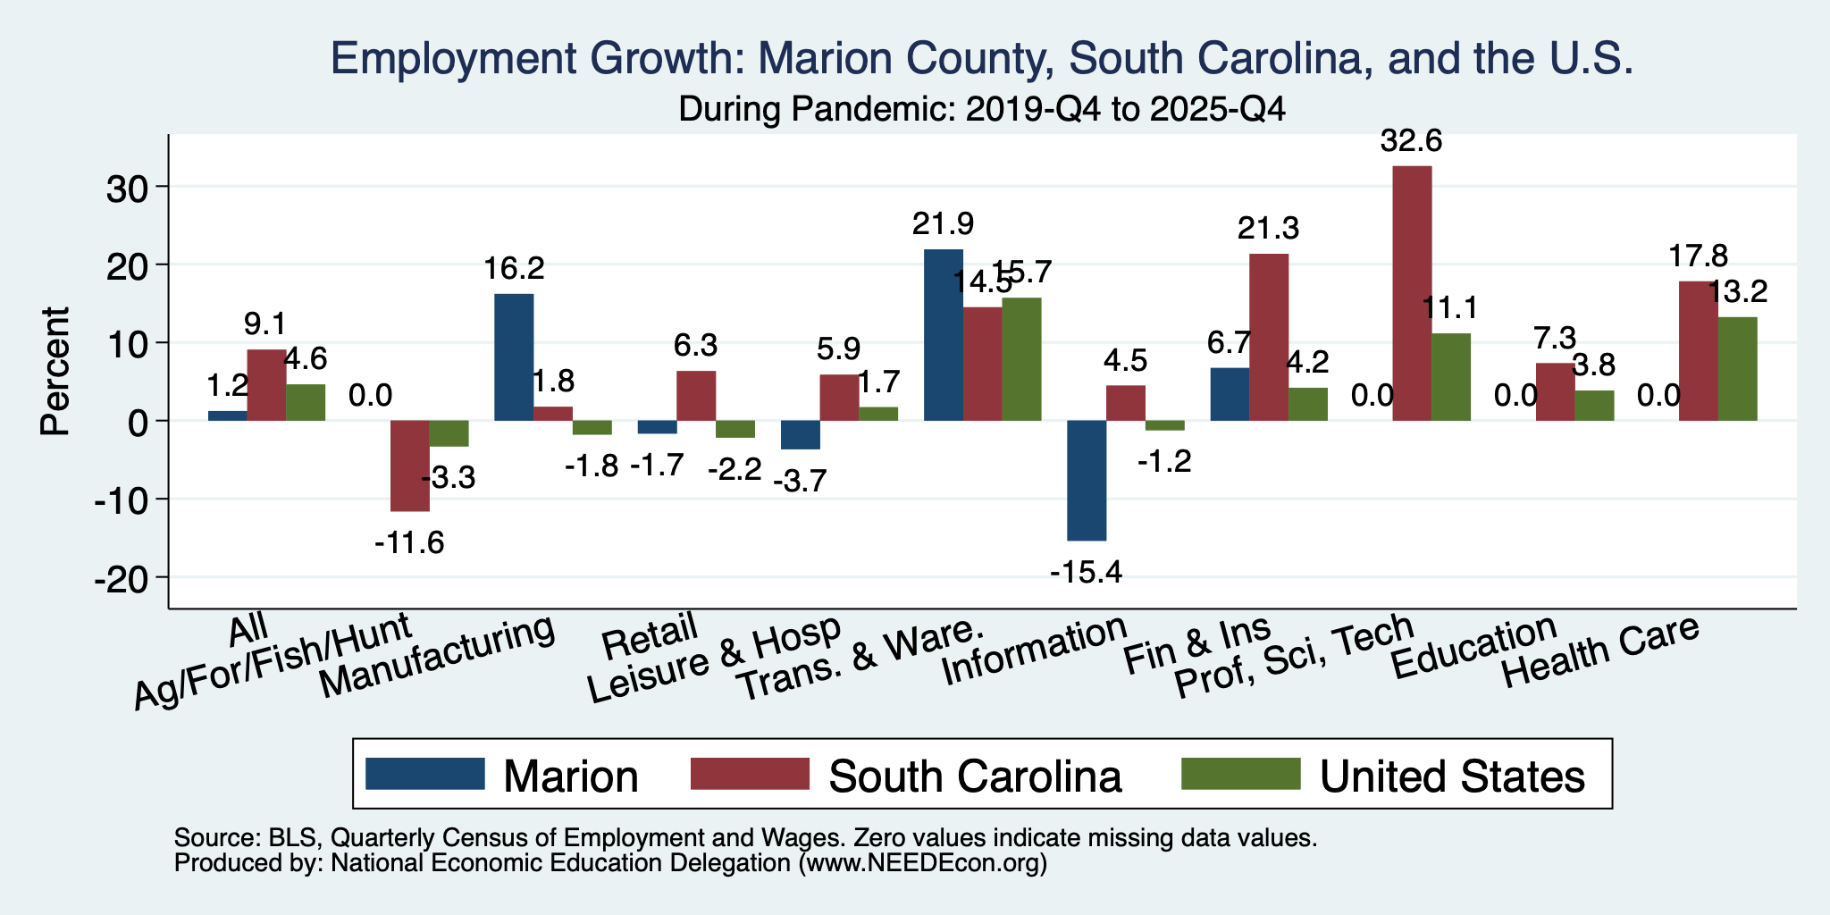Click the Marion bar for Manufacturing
tap(514, 357)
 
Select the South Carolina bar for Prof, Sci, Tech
tap(1412, 293)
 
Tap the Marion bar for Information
tap(1087, 481)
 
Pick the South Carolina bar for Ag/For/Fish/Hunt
tap(410, 466)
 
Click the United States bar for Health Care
tap(1738, 369)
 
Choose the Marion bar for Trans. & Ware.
tap(944, 335)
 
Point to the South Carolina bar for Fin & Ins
tap(1269, 337)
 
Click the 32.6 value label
tap(1412, 141)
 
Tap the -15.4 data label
tap(1086, 572)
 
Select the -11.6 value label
tap(409, 542)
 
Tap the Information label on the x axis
tap(1034, 650)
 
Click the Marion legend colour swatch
tap(425, 774)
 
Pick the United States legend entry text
tap(1453, 776)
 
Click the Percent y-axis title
tap(55, 371)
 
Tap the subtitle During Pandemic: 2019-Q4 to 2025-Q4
tap(982, 110)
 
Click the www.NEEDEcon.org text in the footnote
tap(921, 863)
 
